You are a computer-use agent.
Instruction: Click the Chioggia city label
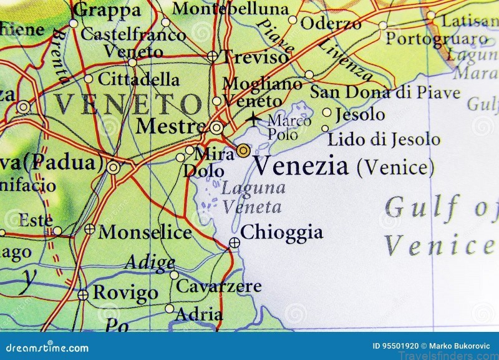click(281, 233)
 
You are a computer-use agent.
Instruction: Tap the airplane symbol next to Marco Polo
click(254, 119)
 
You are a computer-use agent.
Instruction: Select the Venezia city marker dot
click(243, 150)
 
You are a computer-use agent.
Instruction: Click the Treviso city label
click(256, 57)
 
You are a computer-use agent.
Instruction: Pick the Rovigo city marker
click(83, 294)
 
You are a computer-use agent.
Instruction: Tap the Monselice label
click(145, 233)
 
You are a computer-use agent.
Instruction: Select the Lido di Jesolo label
click(384, 139)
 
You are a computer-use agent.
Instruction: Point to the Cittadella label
click(139, 80)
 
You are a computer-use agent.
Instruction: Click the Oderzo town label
click(331, 23)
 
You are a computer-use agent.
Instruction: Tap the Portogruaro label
click(437, 39)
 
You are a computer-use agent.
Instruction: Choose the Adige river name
click(149, 262)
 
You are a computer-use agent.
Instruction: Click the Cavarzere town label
click(218, 286)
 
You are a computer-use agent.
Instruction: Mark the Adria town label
click(199, 314)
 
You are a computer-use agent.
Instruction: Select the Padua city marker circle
click(113, 167)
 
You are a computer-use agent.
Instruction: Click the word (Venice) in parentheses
click(394, 167)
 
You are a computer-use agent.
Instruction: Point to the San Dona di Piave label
click(385, 93)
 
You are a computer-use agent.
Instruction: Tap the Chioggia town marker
click(234, 243)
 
